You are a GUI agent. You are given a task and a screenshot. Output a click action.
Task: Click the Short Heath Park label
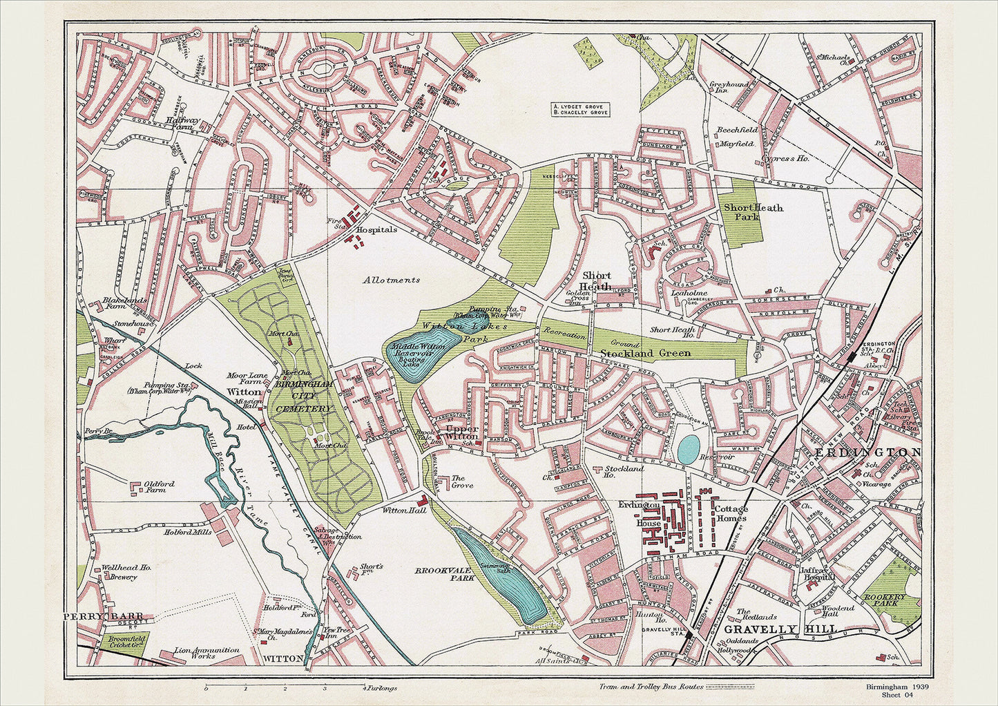753,211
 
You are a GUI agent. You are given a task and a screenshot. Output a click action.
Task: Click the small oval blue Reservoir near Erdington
687,450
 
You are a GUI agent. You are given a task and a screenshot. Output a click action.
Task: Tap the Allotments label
392,280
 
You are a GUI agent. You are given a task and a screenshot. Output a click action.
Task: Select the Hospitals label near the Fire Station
376,229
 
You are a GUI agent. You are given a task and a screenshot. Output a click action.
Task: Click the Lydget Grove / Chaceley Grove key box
580,109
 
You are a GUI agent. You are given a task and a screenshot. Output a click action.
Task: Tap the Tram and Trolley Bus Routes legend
677,687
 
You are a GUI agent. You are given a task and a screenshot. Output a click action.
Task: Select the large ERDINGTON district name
868,452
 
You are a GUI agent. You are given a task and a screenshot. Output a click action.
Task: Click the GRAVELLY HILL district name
780,629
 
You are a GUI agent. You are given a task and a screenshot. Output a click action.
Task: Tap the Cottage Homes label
731,513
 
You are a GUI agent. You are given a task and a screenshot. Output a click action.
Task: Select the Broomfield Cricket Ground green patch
124,643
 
